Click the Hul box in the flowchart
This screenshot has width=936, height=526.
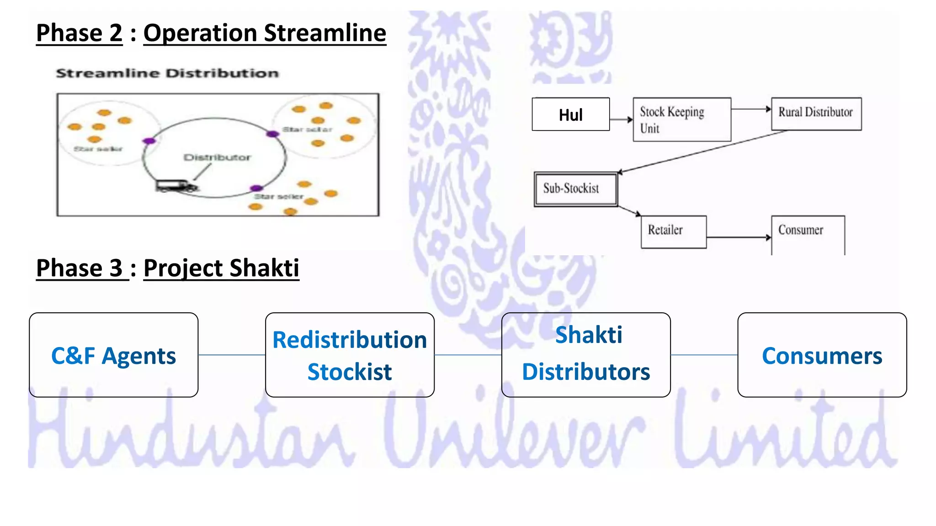tap(570, 114)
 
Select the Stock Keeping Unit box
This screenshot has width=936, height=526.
tap(681, 119)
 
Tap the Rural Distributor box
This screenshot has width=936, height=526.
tap(816, 114)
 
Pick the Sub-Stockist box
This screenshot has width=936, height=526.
tap(575, 189)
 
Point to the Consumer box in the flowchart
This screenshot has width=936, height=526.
tap(808, 234)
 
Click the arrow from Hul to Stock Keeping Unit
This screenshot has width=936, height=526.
tap(621, 120)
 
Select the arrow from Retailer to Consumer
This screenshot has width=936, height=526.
tap(738, 237)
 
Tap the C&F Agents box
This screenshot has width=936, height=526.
tap(113, 355)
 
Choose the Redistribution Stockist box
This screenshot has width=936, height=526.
tap(350, 355)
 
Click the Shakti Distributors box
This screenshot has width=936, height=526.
tap(586, 355)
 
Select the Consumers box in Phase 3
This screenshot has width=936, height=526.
tap(822, 355)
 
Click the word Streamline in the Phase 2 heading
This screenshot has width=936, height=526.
tap(325, 33)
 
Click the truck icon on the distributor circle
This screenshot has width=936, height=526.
tap(175, 186)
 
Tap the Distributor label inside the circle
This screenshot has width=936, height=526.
tap(217, 158)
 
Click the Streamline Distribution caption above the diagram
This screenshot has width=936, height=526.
tap(167, 73)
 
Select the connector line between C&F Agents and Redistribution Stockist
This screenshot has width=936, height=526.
tap(232, 355)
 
